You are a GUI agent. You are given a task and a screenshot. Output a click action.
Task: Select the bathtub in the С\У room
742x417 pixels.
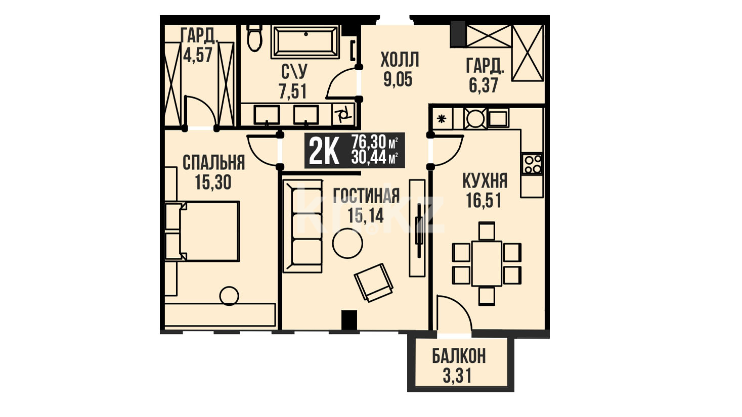tap(305, 42)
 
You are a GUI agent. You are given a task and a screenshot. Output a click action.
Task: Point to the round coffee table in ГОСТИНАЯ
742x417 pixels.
tap(347, 243)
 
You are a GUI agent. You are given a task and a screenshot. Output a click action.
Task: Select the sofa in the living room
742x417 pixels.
tap(302, 226)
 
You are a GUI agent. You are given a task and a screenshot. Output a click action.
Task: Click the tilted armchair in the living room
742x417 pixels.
tap(373, 282)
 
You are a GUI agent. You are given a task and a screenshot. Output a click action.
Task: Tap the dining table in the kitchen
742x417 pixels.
tap(487, 263)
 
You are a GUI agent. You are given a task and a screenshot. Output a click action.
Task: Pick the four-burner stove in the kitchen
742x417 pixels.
tap(532, 164)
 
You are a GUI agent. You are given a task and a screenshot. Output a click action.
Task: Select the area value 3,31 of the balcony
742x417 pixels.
tap(457, 376)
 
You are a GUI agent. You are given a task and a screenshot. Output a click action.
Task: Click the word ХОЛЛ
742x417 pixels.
tap(400, 60)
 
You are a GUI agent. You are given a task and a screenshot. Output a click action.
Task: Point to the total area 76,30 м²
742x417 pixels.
tap(375, 142)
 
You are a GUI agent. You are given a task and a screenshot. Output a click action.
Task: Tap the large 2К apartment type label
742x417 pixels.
tap(324, 151)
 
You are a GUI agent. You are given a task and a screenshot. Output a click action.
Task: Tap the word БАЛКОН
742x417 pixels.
tap(459, 356)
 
